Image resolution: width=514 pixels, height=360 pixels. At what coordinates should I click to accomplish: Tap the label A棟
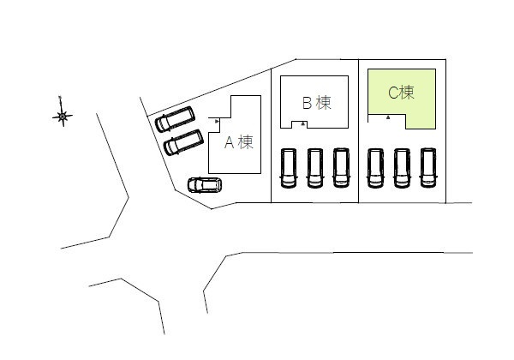coord(239,142)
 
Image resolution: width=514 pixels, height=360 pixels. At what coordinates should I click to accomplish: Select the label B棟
coord(316,103)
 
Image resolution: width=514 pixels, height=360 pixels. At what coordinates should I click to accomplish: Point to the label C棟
coord(401,93)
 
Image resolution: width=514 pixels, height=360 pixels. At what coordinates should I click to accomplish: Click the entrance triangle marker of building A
coord(217,122)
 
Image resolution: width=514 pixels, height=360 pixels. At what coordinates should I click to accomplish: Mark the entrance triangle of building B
coord(303,124)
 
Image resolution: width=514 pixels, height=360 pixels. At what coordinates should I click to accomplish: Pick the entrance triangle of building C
coord(388,117)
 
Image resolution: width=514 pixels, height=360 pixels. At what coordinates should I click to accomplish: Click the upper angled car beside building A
coord(175,119)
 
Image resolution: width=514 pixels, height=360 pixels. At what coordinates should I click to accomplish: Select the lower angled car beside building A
coord(183,142)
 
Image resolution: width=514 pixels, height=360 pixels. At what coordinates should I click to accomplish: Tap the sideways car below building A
coord(205,185)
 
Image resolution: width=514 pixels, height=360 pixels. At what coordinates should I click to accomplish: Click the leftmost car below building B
coord(289,168)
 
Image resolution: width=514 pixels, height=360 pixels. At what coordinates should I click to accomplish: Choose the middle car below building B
coord(314,168)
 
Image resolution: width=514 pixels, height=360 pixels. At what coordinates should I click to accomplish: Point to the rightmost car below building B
coord(341,168)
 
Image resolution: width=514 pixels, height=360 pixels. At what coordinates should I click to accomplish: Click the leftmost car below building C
coord(375,168)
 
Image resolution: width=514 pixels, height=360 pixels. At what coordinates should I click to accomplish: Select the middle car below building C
coord(402,168)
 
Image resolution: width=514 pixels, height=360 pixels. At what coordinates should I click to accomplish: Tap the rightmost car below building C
coord(428,168)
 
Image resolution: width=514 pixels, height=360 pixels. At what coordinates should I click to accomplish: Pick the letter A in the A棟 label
coord(229,142)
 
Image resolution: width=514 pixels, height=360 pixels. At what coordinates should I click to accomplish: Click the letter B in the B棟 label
coord(307,103)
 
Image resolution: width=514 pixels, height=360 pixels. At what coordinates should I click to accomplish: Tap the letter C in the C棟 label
coord(393,93)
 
